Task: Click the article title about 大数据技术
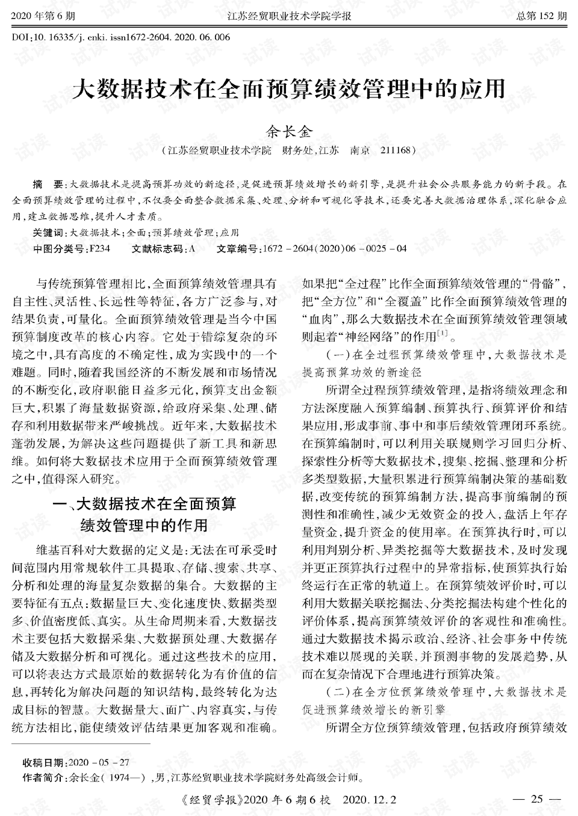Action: point(288,89)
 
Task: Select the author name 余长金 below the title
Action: point(288,130)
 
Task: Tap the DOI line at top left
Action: point(121,37)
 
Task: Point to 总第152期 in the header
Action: point(541,16)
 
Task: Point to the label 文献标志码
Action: point(158,248)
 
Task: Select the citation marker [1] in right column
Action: point(441,333)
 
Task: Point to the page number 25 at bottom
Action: point(537,799)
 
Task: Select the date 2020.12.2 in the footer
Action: point(369,800)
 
